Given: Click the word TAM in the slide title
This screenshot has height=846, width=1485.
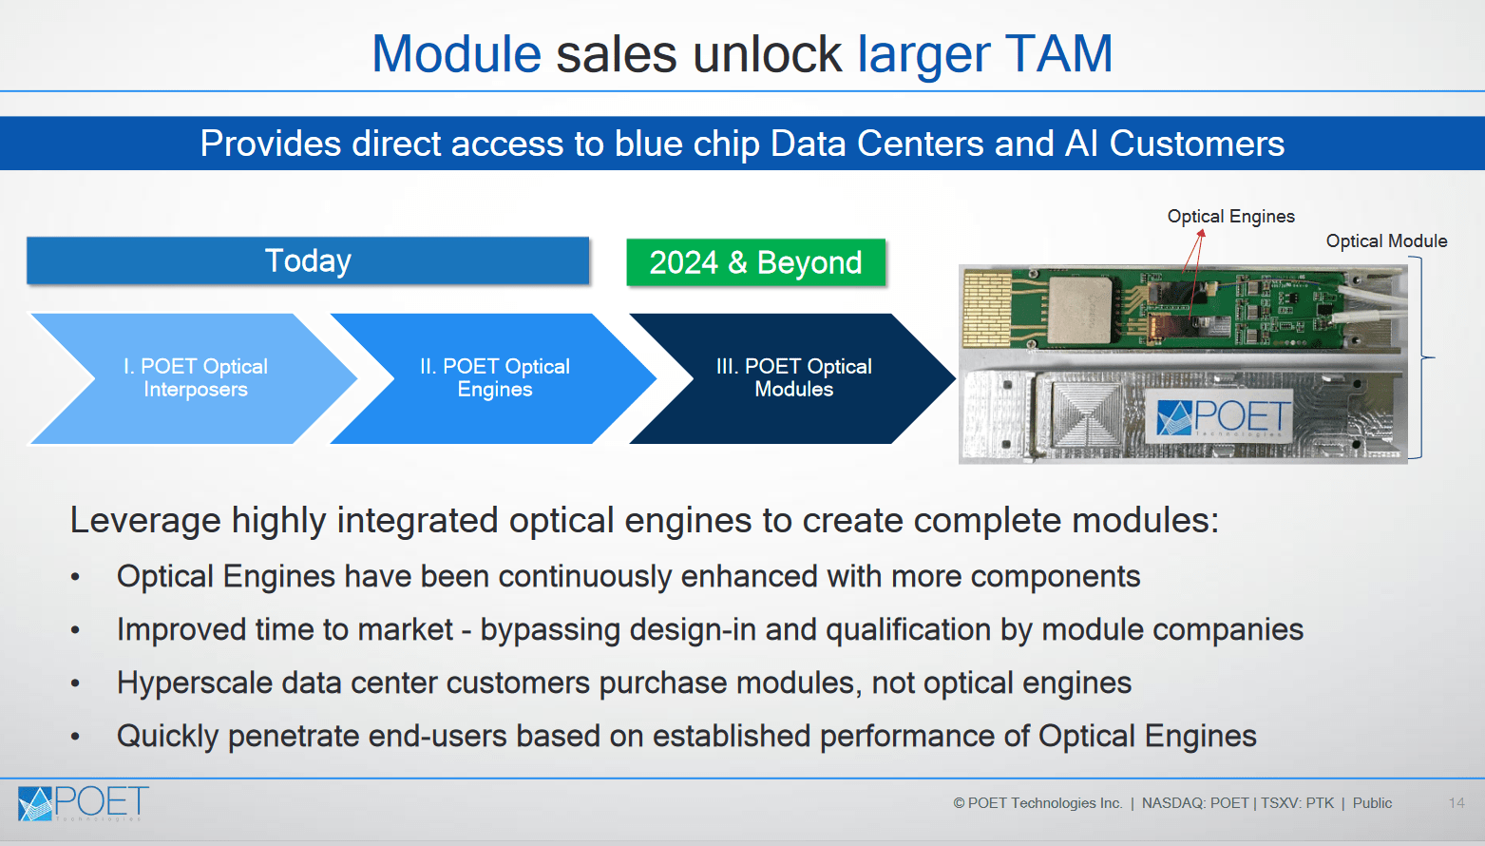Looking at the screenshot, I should (1058, 54).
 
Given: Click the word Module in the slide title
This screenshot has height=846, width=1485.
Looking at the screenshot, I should (456, 54).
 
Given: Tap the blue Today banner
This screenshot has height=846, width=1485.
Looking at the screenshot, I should (308, 260).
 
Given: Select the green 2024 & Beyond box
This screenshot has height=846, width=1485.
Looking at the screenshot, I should (755, 262).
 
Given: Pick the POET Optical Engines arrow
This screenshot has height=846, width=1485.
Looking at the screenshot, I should (494, 378).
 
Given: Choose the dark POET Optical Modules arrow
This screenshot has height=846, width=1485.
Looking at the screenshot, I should (793, 378).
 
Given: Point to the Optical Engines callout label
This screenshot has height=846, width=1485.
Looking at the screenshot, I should (1230, 217).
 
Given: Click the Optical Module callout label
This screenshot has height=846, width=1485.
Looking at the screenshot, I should (1386, 241).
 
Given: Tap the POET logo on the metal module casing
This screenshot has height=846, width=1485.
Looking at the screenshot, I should (1224, 417).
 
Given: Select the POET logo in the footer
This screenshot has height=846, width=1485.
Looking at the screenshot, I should (84, 803).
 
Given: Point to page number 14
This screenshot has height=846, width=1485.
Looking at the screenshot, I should (1456, 803).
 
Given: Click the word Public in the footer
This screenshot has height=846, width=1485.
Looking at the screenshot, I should (1372, 803).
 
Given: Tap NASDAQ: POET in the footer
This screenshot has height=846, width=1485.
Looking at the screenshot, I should (1195, 803).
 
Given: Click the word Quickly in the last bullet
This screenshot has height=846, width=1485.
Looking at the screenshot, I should (167, 736).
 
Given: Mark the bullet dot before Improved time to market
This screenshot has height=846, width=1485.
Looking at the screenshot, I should (76, 630).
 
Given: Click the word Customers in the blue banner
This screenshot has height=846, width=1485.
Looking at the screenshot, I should (1196, 144).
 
